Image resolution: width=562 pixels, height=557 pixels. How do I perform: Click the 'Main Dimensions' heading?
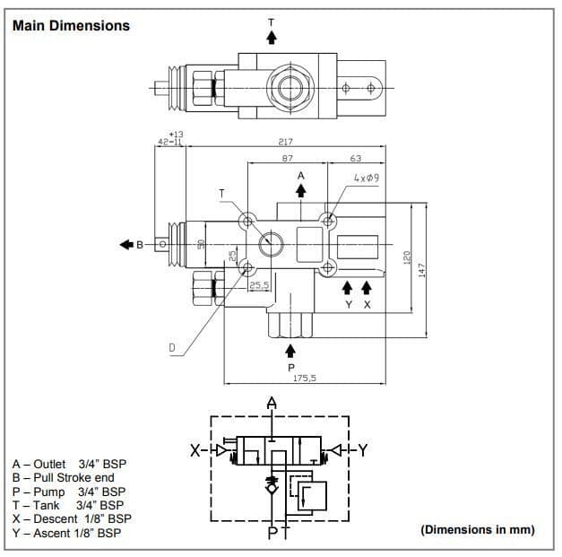coord(72,25)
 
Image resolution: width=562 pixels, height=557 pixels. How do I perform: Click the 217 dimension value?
coord(287,142)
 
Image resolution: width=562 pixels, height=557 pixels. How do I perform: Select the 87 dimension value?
coord(287,159)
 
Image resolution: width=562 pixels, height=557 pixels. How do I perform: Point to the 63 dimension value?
coord(355,159)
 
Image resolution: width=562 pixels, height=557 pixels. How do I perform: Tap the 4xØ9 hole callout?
coord(366,178)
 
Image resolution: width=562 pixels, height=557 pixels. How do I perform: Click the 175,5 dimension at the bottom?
coord(306,378)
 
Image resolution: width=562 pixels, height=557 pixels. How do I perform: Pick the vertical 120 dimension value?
coord(405,257)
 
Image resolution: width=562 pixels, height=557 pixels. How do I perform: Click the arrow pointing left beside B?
coord(123,244)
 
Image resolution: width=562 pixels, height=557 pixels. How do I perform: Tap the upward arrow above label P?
coord(290,349)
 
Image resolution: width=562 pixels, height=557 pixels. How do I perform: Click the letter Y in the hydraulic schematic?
coord(363,450)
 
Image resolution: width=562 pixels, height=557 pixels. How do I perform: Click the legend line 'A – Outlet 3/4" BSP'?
coord(70,464)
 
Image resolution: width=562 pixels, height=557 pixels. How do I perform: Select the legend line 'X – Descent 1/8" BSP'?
coord(72,518)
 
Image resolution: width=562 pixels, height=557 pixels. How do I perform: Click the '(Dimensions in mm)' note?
coord(477,529)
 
